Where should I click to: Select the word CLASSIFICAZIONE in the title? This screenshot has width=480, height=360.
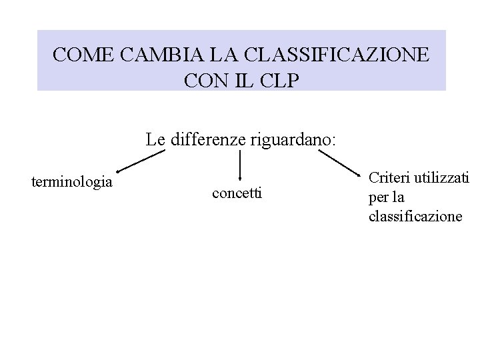coord(337,54)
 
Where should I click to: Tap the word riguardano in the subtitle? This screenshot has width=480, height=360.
coord(293,141)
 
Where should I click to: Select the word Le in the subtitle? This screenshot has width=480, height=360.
coord(155,141)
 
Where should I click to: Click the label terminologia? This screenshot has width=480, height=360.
coord(71,181)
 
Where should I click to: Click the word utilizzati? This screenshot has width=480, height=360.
coord(441,178)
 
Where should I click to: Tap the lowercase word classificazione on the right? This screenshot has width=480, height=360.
coord(415,216)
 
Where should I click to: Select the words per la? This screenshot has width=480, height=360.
coord(386,197)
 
